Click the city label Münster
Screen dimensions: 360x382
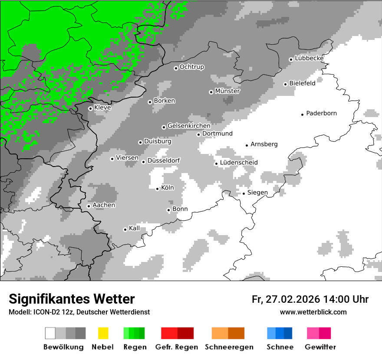coord(227,92)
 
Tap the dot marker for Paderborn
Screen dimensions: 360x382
coord(303,115)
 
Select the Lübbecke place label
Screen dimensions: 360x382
coord(309,58)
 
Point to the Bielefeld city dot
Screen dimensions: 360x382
coord(286,84)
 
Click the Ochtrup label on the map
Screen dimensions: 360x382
coord(192,67)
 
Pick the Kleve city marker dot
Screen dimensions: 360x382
coord(90,108)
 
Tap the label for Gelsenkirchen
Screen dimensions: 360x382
coord(189,126)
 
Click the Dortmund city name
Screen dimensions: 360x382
coord(217,134)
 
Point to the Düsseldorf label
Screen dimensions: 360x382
coord(164,161)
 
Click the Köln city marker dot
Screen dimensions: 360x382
coord(158,189)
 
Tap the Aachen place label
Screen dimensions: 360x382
coord(104,205)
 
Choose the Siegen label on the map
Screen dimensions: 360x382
coord(257,193)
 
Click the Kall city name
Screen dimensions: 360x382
coord(135,228)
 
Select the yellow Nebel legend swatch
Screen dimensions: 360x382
coord(103,333)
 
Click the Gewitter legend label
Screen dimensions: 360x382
coord(320,347)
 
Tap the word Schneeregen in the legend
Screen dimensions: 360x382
coord(228,347)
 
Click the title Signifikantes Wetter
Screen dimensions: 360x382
coord(72,299)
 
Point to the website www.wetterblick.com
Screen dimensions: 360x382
coord(313,312)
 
